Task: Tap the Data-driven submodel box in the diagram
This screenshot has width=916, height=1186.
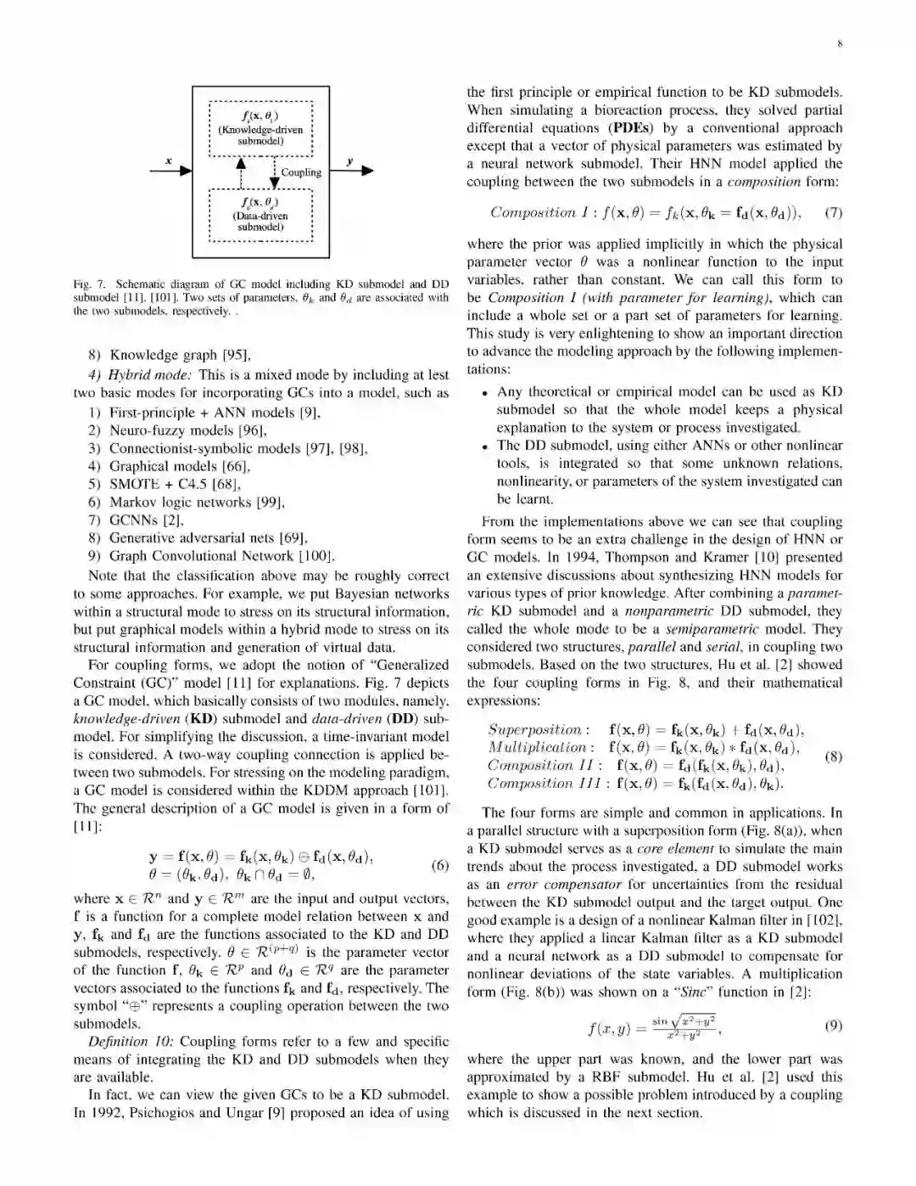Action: click(x=260, y=215)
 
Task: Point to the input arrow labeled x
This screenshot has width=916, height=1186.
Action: click(x=170, y=171)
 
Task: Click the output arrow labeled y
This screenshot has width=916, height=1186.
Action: click(x=350, y=171)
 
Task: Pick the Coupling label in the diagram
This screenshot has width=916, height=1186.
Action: click(x=301, y=172)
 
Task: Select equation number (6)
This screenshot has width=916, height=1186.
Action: click(x=439, y=866)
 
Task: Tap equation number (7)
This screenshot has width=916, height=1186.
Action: click(x=833, y=211)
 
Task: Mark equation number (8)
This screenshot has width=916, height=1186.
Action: click(x=833, y=756)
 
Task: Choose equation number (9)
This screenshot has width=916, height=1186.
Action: click(x=833, y=1026)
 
